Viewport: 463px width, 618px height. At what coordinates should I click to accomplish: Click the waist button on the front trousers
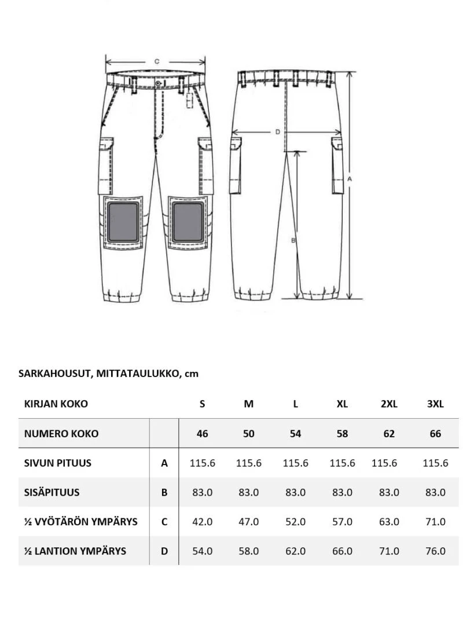(158, 84)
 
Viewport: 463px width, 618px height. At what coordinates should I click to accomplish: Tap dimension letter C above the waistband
(156, 61)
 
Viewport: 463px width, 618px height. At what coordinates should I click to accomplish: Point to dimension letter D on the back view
(277, 132)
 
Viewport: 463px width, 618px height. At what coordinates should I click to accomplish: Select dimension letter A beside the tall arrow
(350, 180)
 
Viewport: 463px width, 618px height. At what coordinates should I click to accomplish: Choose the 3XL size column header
(435, 404)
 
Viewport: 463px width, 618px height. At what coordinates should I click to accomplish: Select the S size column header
(202, 404)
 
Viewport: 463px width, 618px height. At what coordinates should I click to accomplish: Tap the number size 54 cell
(295, 433)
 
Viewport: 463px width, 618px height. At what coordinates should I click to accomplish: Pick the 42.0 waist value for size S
(202, 521)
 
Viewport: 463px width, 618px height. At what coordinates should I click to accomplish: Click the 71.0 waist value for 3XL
(435, 521)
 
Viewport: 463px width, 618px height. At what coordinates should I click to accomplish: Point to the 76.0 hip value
(435, 551)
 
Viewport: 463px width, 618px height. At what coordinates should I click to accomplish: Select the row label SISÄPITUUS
(52, 492)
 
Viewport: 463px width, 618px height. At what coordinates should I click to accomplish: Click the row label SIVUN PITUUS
(58, 463)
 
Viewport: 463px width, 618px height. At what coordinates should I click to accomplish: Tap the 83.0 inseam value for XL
(342, 492)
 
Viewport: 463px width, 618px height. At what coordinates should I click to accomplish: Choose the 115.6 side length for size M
(249, 463)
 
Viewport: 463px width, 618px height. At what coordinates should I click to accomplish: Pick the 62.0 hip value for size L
(295, 551)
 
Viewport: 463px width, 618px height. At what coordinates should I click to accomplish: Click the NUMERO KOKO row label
(61, 433)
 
